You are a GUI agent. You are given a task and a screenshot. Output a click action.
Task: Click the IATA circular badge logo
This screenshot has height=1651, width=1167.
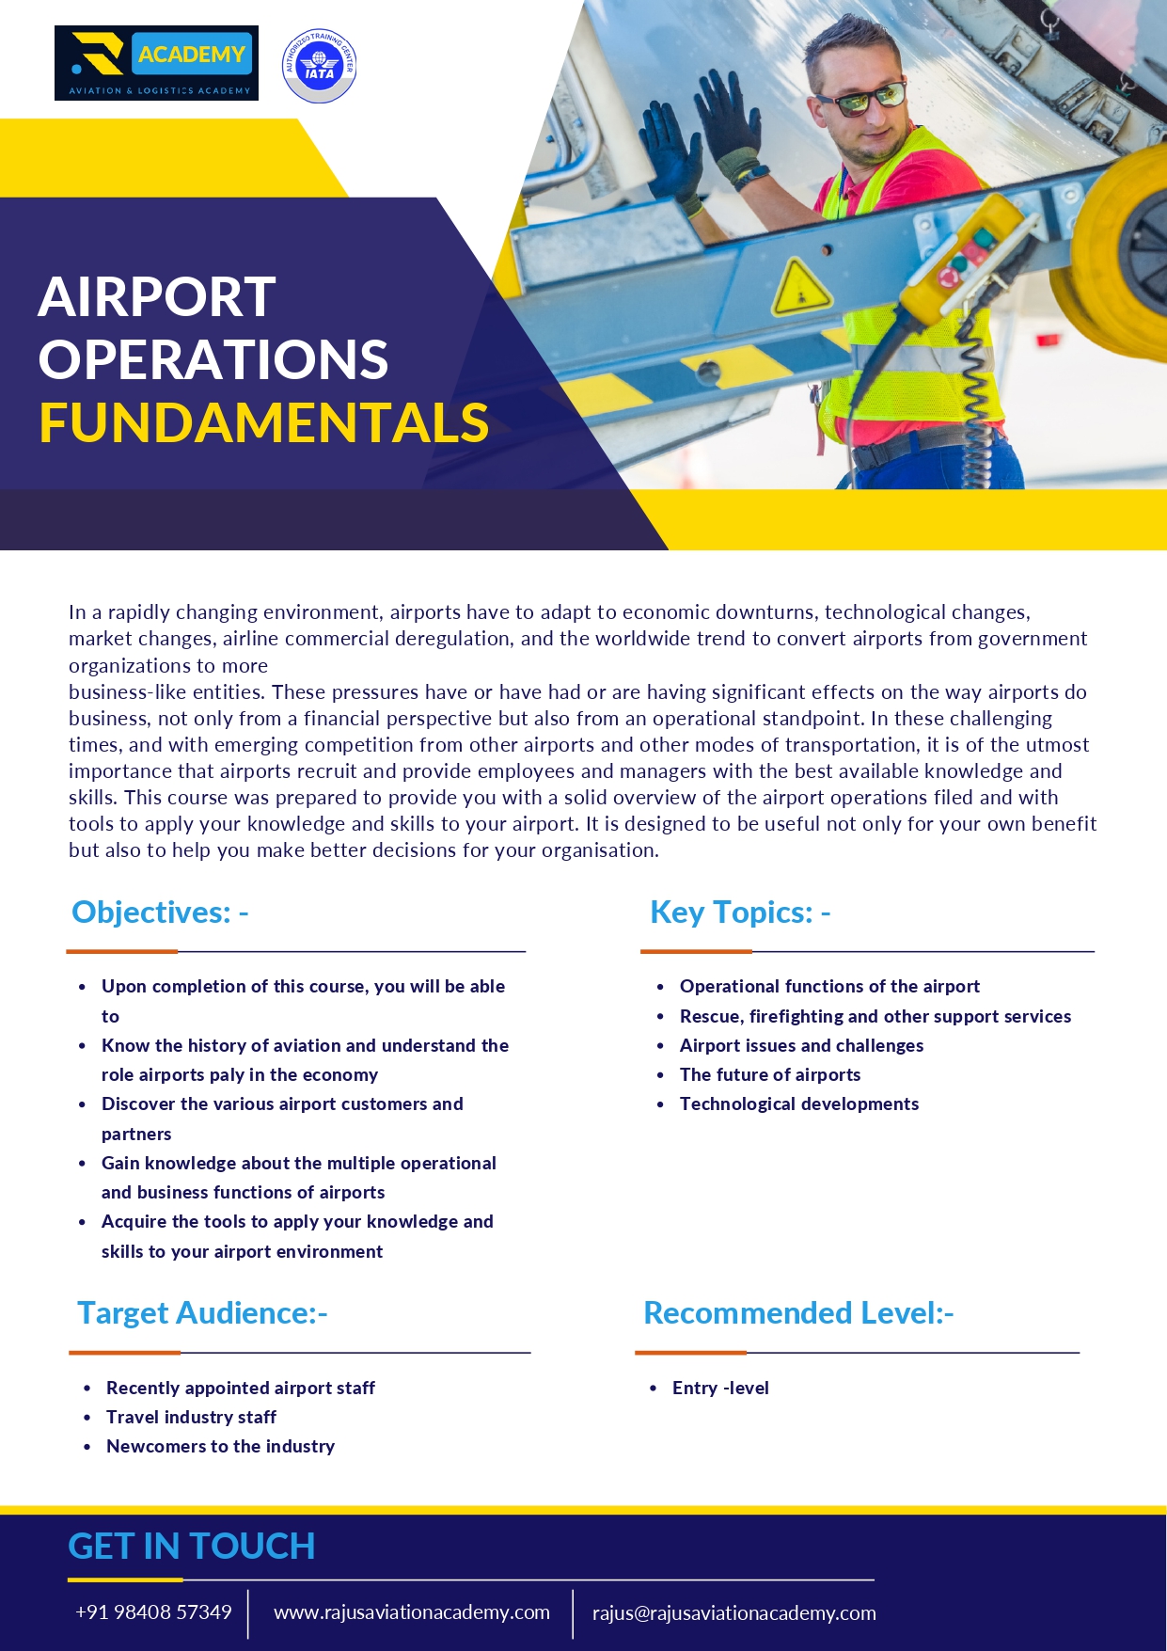[x=319, y=65]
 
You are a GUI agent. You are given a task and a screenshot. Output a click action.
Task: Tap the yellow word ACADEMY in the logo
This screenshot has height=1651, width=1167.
[x=191, y=55]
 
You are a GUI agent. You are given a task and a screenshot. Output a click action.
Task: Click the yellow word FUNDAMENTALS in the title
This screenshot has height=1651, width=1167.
[x=264, y=423]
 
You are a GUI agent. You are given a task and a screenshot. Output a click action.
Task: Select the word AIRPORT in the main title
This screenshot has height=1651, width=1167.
[x=157, y=297]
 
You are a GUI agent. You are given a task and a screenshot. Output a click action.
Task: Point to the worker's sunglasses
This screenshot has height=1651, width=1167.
[x=860, y=100]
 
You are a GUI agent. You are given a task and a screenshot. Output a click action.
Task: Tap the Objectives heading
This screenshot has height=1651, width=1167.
[x=160, y=913]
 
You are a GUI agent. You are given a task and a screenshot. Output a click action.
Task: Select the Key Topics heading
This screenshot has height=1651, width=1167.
[x=740, y=913]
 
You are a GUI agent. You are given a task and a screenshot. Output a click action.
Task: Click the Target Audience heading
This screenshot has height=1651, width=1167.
[x=202, y=1313]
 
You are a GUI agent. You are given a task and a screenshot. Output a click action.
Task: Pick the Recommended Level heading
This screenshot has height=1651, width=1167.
[x=798, y=1313]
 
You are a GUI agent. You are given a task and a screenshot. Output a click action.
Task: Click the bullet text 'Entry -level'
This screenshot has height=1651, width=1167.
[x=720, y=1388]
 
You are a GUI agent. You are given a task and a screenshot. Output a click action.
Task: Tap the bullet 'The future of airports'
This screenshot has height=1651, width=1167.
[x=770, y=1074]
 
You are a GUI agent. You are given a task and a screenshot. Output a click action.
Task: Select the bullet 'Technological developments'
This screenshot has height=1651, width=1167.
[x=799, y=1103]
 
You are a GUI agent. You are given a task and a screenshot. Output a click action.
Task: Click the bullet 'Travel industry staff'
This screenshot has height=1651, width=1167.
[x=191, y=1417]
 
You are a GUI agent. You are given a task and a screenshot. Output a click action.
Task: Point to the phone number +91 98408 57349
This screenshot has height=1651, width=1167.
[x=153, y=1612]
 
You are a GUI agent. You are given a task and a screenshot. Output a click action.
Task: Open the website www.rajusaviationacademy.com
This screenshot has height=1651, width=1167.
[x=412, y=1612]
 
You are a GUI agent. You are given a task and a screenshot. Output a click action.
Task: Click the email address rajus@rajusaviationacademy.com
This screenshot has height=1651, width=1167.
[x=733, y=1613]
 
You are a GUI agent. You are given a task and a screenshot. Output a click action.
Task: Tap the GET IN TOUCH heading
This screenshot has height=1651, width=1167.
[x=192, y=1547]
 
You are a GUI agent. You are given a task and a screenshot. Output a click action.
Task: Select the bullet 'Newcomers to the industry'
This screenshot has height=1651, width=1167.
[x=220, y=1446]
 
